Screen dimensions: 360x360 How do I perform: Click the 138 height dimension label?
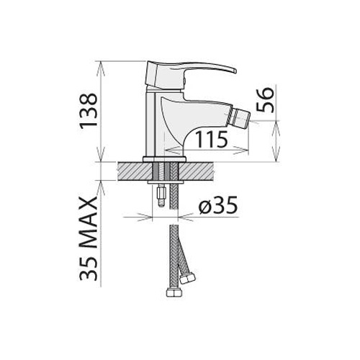coord(89,111)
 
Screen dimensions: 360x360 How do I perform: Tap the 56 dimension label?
coord(265,100)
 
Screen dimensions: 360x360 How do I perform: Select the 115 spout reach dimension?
coord(211,139)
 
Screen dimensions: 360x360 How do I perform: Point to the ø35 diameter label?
coord(217,204)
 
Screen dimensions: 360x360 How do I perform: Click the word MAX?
coord(89,222)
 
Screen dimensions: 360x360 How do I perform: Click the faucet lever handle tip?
coord(235,71)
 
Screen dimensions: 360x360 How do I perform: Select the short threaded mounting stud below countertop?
coord(161,195)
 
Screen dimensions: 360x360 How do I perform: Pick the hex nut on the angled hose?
coord(187,279)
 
